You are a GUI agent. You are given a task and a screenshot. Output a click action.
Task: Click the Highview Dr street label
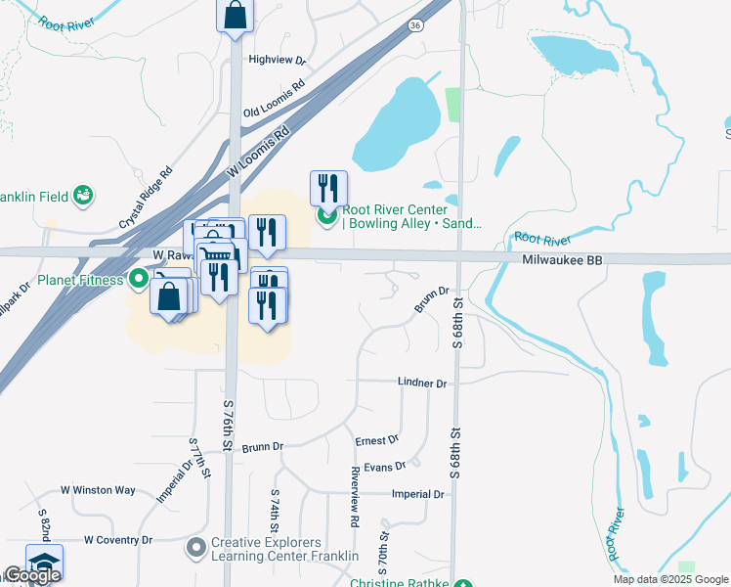[278, 60]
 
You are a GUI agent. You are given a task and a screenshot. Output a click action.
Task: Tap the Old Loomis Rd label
[274, 99]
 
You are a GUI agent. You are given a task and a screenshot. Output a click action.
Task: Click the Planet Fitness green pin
[139, 280]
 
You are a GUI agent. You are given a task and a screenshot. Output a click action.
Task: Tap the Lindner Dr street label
[422, 383]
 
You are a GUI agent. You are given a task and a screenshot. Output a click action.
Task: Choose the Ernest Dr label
[377, 440]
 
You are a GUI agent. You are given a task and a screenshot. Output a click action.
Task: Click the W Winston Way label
[98, 490]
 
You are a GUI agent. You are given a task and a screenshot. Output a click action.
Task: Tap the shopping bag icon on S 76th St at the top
[235, 16]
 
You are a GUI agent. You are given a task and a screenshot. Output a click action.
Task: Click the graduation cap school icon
[44, 562]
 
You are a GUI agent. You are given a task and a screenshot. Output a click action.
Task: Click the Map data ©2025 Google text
[669, 579]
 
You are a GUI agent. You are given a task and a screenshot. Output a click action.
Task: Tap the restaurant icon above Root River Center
[329, 186]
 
